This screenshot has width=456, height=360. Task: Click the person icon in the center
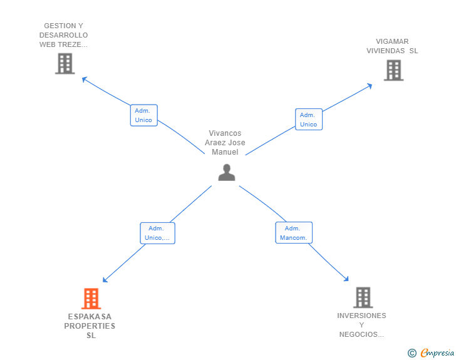[227, 172]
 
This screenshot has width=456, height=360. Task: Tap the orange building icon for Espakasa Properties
[91, 299]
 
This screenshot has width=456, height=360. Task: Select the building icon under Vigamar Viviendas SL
[393, 70]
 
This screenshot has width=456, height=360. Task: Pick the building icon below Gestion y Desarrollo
[65, 63]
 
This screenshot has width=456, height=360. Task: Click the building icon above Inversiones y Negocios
[363, 297]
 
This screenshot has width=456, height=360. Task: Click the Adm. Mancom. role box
[294, 233]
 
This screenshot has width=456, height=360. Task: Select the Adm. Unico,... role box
[157, 233]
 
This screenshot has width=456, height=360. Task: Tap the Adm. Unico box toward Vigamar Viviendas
[309, 119]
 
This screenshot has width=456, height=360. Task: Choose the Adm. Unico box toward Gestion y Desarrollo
[143, 115]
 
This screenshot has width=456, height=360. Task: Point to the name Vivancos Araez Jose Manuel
[225, 143]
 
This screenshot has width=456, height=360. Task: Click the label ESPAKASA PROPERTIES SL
[90, 326]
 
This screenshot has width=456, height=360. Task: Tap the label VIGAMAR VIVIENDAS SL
[392, 46]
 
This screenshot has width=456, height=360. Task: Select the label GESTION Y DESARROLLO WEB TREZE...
[63, 35]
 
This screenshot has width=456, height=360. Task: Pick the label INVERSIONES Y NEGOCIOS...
[361, 325]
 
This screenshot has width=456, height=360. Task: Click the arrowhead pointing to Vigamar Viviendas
[370, 86]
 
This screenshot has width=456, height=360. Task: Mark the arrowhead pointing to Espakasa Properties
[105, 280]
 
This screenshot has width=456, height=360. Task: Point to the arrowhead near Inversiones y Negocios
[346, 279]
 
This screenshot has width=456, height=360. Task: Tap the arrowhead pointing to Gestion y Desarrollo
[85, 79]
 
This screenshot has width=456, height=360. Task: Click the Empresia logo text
[437, 352]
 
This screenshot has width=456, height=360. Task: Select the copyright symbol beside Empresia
[412, 353]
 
